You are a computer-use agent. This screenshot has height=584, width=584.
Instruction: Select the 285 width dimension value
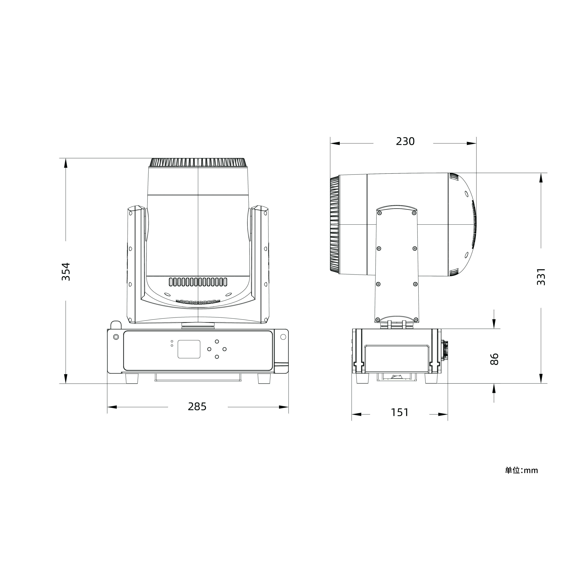tap(197, 407)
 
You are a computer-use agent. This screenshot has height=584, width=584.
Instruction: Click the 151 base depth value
tap(400, 412)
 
